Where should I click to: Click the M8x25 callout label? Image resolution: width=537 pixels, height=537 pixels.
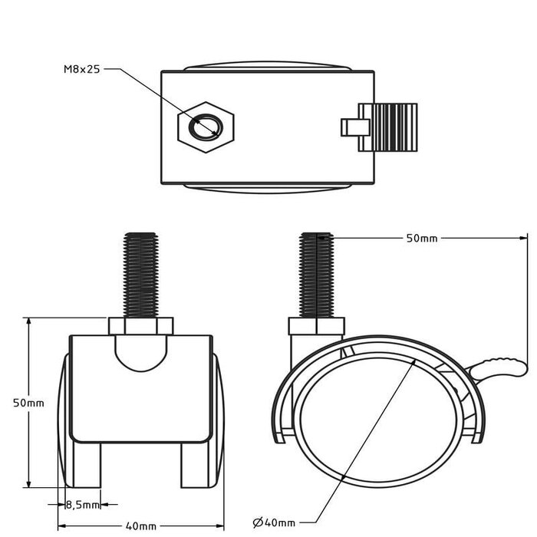81,69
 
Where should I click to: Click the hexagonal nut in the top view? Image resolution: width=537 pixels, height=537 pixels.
206,127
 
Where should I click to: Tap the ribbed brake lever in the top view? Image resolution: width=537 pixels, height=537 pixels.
392,127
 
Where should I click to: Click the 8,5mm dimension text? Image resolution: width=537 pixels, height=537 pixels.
82,505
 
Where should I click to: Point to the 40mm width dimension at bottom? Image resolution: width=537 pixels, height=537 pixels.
141,526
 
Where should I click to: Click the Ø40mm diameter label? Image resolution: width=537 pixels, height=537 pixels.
274,522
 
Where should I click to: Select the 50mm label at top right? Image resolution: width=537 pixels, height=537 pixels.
421,239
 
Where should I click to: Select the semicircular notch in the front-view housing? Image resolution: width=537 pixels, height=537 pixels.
140,351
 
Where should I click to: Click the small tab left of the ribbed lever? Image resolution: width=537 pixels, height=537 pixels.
351,127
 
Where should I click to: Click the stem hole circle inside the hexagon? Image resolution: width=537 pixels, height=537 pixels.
206,127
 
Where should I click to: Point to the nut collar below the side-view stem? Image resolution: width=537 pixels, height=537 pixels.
316,328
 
